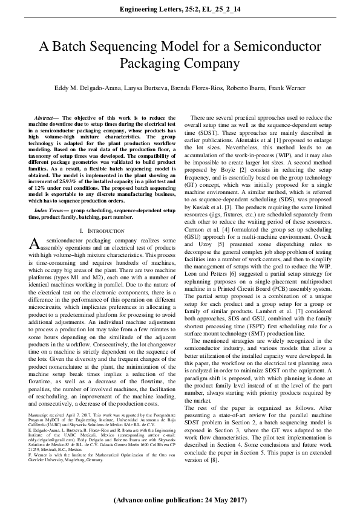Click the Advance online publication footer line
tap(180, 500)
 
